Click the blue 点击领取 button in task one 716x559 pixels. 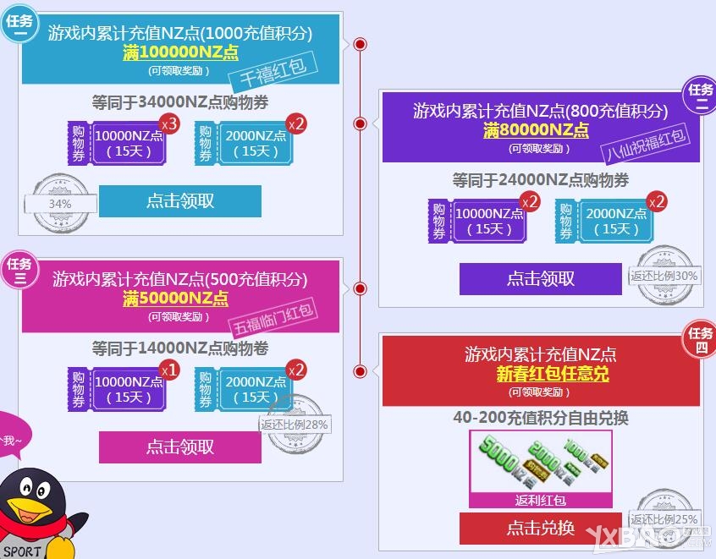point(179,201)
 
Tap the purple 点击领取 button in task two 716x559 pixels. point(540,279)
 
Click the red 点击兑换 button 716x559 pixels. point(540,529)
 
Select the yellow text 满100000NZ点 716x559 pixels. point(180,52)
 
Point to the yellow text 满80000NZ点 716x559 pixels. point(536,130)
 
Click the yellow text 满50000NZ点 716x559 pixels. point(175,299)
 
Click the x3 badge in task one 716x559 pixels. point(169,124)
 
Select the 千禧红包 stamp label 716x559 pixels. point(273,74)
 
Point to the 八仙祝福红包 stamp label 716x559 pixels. point(647,145)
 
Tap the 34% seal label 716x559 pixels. point(59,204)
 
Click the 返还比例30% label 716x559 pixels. point(664,276)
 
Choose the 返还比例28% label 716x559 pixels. point(295,425)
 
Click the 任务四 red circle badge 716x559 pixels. point(700,340)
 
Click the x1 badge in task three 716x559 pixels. point(169,370)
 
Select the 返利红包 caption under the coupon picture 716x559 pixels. point(540,500)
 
